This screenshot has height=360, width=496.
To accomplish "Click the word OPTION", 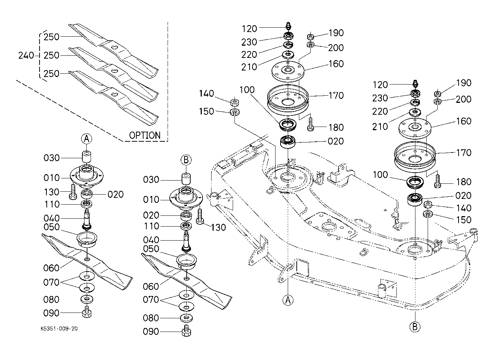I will (145, 136).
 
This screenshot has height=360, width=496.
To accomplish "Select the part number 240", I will (26, 56).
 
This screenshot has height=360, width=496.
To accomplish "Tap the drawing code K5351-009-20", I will (59, 329).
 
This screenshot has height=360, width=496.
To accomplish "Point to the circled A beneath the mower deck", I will (288, 299).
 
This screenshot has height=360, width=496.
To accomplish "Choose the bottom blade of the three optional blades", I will (114, 94).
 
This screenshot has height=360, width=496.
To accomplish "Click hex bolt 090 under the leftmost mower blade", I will (87, 312).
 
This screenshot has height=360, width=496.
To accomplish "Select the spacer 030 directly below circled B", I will (186, 179).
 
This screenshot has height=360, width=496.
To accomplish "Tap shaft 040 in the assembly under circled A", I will (87, 219).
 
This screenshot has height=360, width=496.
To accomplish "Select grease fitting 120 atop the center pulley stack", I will (288, 27).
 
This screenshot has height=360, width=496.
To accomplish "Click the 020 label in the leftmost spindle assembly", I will (116, 195).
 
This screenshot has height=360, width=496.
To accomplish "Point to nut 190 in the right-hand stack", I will (438, 94).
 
